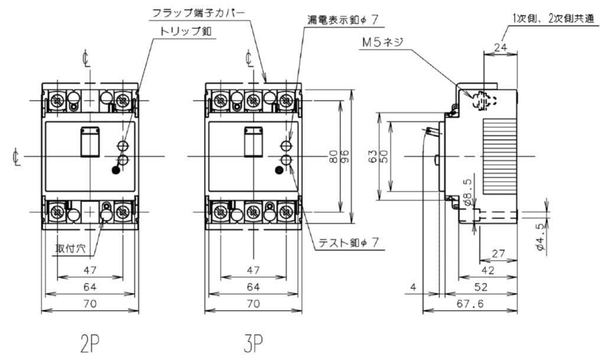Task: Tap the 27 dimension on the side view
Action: click(498, 254)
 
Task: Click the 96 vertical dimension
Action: click(345, 157)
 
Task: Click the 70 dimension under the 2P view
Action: click(89, 304)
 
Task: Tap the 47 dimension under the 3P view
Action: click(253, 270)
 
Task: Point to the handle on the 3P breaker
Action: click(252, 142)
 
